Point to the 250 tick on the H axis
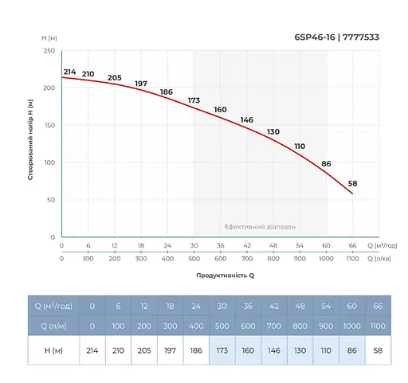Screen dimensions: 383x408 (x=49, y=50)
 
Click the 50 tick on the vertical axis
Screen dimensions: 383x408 (x=50, y=200)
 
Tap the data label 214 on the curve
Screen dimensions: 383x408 (x=69, y=72)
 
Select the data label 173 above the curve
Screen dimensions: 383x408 (x=194, y=100)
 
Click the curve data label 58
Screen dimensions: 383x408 (x=352, y=183)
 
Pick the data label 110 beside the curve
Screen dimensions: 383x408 (x=300, y=146)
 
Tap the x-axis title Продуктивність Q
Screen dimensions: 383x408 (x=226, y=275)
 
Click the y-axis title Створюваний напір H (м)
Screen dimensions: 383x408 (x=29, y=139)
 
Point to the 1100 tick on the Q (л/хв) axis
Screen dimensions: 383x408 (x=352, y=259)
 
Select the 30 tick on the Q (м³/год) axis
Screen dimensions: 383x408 (x=194, y=246)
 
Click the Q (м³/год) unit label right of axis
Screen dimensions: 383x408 (x=383, y=246)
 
